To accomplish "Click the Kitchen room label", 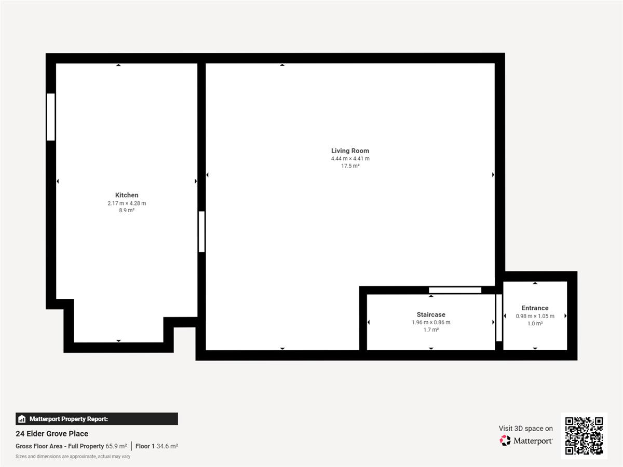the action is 127,195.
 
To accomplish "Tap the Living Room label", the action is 350,151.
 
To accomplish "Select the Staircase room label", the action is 431,314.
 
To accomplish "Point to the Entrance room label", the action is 535,308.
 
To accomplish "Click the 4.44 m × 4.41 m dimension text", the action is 350,158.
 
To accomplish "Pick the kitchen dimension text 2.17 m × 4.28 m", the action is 127,203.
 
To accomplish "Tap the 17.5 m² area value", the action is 350,166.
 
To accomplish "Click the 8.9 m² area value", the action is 127,210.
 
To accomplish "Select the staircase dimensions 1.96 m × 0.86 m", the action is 431,322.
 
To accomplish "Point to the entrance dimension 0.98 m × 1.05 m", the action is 535,316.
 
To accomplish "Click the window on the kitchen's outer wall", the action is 51,117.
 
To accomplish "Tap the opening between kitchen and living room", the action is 201,231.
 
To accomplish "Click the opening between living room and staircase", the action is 455,290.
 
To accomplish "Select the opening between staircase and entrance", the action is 499,318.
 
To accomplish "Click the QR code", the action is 584,436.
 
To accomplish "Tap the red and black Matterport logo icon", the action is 505,441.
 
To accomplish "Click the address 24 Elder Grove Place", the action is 52,434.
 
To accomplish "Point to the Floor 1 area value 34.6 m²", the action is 167,446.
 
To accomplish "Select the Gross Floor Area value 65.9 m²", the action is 116,446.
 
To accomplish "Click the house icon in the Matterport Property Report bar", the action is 22,419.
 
